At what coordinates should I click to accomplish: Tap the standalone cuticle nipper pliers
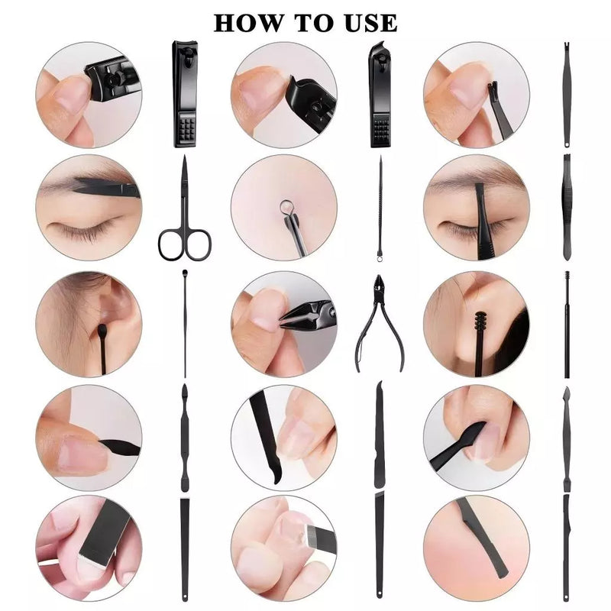tap(378, 321)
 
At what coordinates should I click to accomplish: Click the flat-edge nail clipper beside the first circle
tap(185, 93)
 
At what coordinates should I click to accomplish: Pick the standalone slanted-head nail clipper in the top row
tap(380, 93)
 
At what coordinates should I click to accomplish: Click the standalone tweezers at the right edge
tap(566, 206)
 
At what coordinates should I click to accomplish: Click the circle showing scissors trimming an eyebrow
tap(88, 207)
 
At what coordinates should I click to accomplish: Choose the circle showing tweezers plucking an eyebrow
tap(477, 207)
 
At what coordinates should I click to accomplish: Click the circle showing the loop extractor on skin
tap(283, 207)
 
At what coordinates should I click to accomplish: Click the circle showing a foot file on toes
tap(283, 547)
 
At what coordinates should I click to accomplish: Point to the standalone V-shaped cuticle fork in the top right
tap(566, 93)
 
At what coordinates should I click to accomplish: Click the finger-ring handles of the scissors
tap(184, 242)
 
